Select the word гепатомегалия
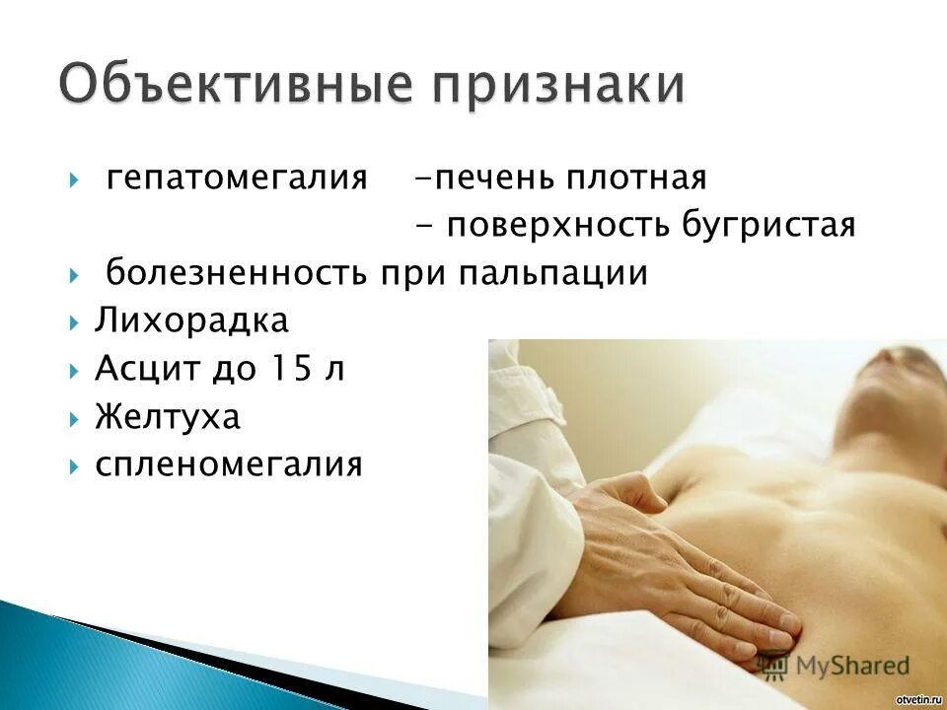[236, 178]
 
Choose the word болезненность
[237, 273]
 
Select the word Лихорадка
[191, 320]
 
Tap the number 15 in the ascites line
[285, 368]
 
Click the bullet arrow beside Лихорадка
[75, 321]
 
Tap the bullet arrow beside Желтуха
[75, 416]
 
